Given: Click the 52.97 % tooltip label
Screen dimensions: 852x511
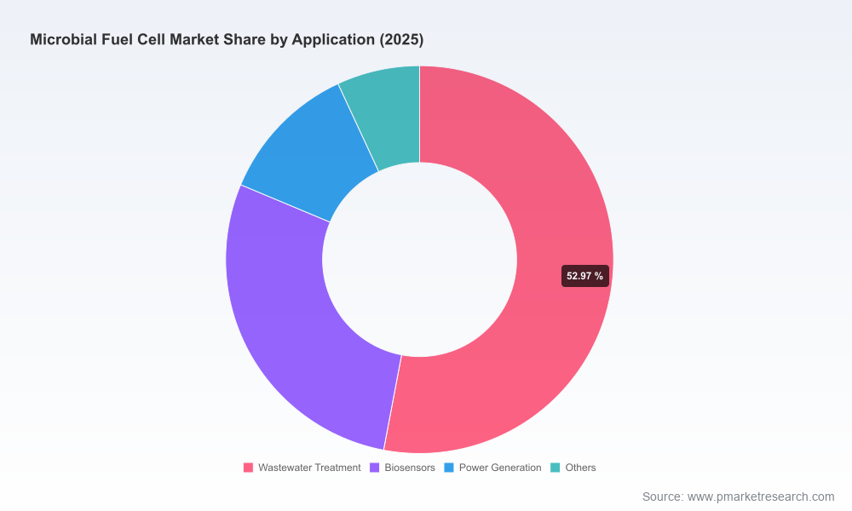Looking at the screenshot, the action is click(584, 276).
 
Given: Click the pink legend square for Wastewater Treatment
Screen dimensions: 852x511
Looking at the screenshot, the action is click(248, 468).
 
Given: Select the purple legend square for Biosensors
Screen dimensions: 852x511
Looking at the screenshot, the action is click(374, 468).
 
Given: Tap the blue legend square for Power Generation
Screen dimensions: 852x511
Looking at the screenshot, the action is click(449, 468).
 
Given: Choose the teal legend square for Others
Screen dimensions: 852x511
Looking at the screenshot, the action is click(556, 468).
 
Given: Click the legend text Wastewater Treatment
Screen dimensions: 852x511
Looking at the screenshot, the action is click(309, 468).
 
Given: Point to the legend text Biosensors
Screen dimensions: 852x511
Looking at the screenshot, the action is click(410, 468).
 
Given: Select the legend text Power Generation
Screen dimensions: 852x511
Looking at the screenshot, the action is click(500, 468).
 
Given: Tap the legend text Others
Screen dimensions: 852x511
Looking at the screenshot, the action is click(580, 468).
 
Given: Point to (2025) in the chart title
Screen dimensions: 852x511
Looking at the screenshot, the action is click(401, 40).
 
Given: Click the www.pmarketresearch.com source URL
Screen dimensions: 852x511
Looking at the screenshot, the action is click(761, 497).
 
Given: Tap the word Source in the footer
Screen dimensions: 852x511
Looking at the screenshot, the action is click(662, 497).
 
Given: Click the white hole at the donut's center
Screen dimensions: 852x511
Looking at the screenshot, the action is click(419, 260).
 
